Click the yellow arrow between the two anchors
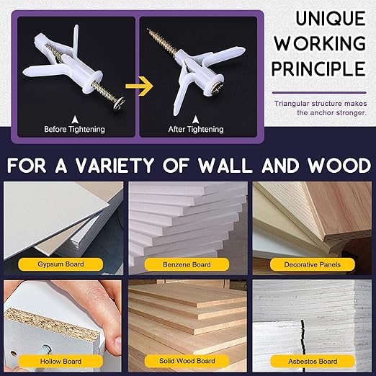click(140, 86)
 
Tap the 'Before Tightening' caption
click(74, 129)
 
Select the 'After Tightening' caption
click(196, 129)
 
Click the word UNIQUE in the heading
click(331, 18)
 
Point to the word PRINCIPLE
click(319, 68)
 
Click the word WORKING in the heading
click(321, 43)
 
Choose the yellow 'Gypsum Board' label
click(61, 264)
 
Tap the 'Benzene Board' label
click(187, 264)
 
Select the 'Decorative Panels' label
click(313, 264)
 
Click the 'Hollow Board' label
click(61, 362)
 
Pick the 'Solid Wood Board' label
click(187, 361)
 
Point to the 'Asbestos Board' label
click(313, 362)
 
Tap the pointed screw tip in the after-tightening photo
click(148, 30)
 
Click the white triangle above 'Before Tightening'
click(75, 120)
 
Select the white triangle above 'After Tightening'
click(196, 120)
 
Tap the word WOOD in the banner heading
click(340, 166)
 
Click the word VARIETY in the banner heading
click(115, 166)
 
